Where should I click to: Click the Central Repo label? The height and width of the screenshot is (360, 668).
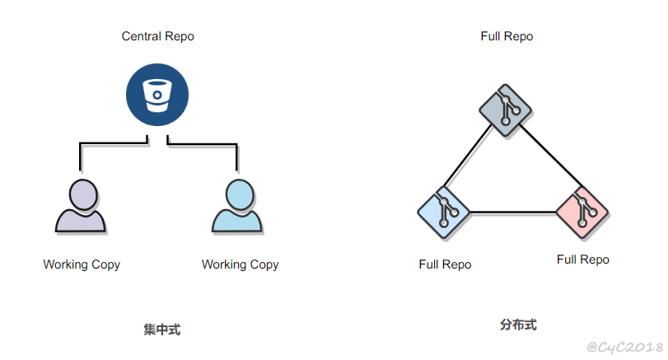coord(157,36)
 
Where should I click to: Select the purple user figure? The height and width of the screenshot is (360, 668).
coord(81,210)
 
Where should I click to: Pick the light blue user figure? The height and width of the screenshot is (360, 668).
coord(237,210)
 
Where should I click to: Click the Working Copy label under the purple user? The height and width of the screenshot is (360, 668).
coord(82,264)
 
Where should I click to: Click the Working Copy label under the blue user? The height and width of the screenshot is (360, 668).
coord(240,264)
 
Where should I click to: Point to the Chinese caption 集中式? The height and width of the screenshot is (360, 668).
coord(161,330)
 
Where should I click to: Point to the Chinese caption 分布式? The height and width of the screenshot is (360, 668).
coord(518,325)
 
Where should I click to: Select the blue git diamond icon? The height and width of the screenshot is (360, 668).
coord(444,212)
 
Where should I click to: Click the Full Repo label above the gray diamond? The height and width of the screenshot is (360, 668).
coord(507,36)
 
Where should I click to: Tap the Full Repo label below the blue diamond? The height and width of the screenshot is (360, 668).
coord(445,264)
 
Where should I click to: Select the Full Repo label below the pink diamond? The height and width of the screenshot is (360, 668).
coord(582,259)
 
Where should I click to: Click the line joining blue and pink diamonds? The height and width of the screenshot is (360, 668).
coord(512,213)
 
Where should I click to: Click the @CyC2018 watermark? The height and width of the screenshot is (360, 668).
coord(624,348)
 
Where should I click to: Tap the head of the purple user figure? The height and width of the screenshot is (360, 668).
coord(82,194)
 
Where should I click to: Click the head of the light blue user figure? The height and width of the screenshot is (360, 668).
coord(238,194)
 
